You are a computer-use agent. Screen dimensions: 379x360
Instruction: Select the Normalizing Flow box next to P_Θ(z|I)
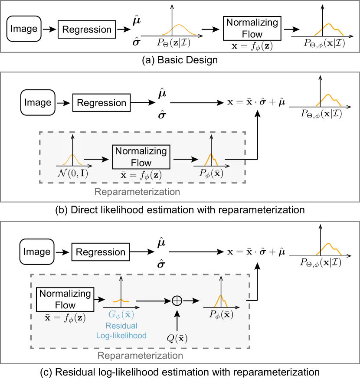(x=252, y=28)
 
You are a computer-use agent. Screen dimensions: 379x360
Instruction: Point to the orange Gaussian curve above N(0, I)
(x=72, y=160)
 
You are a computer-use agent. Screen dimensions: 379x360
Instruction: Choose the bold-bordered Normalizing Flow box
(x=141, y=157)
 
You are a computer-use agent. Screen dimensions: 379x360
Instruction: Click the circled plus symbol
(x=177, y=301)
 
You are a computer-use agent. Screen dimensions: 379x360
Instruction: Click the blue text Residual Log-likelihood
(x=121, y=330)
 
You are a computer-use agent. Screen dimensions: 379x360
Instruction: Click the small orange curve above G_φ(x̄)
(x=121, y=301)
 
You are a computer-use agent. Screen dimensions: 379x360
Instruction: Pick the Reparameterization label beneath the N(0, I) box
(x=137, y=192)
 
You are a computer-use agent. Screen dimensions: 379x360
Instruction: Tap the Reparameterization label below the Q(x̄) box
(x=140, y=356)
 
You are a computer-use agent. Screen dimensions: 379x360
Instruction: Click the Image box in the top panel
(x=24, y=29)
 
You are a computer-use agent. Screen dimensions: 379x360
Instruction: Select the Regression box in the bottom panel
(x=101, y=252)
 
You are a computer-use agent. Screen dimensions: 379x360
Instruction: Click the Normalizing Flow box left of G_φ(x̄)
(x=65, y=299)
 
